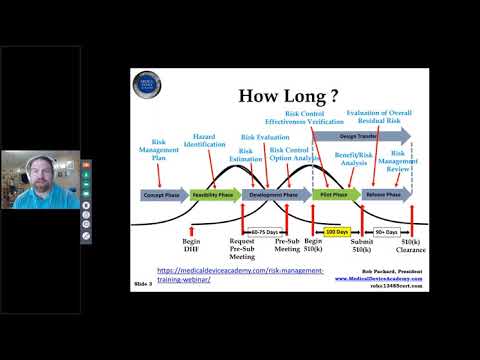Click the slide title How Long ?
(285, 98)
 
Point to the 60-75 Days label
(263, 231)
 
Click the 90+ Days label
(386, 231)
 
